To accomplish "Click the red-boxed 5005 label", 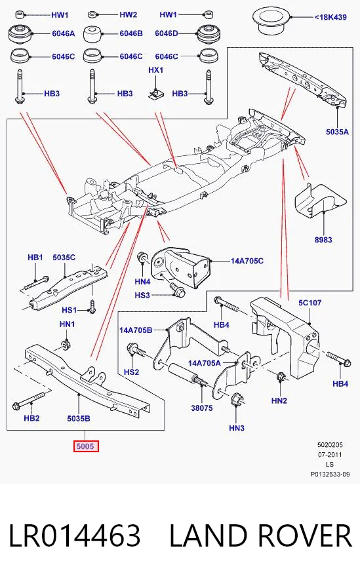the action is click(x=85, y=446).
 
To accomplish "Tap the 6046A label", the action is click(x=63, y=33).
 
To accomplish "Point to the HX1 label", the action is click(x=156, y=70).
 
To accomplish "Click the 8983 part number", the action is click(x=323, y=240).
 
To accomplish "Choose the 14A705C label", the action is click(x=247, y=261).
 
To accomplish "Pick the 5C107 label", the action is click(x=310, y=303).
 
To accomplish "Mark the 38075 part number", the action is click(x=202, y=408).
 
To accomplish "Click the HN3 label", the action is click(x=237, y=428).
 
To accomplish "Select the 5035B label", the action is click(x=79, y=418).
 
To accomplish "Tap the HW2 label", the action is click(x=128, y=15).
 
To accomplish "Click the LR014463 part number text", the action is click(x=74, y=535).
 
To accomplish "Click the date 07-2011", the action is click(x=330, y=455).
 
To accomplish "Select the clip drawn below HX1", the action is click(x=155, y=94).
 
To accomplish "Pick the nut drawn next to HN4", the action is click(x=142, y=258).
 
